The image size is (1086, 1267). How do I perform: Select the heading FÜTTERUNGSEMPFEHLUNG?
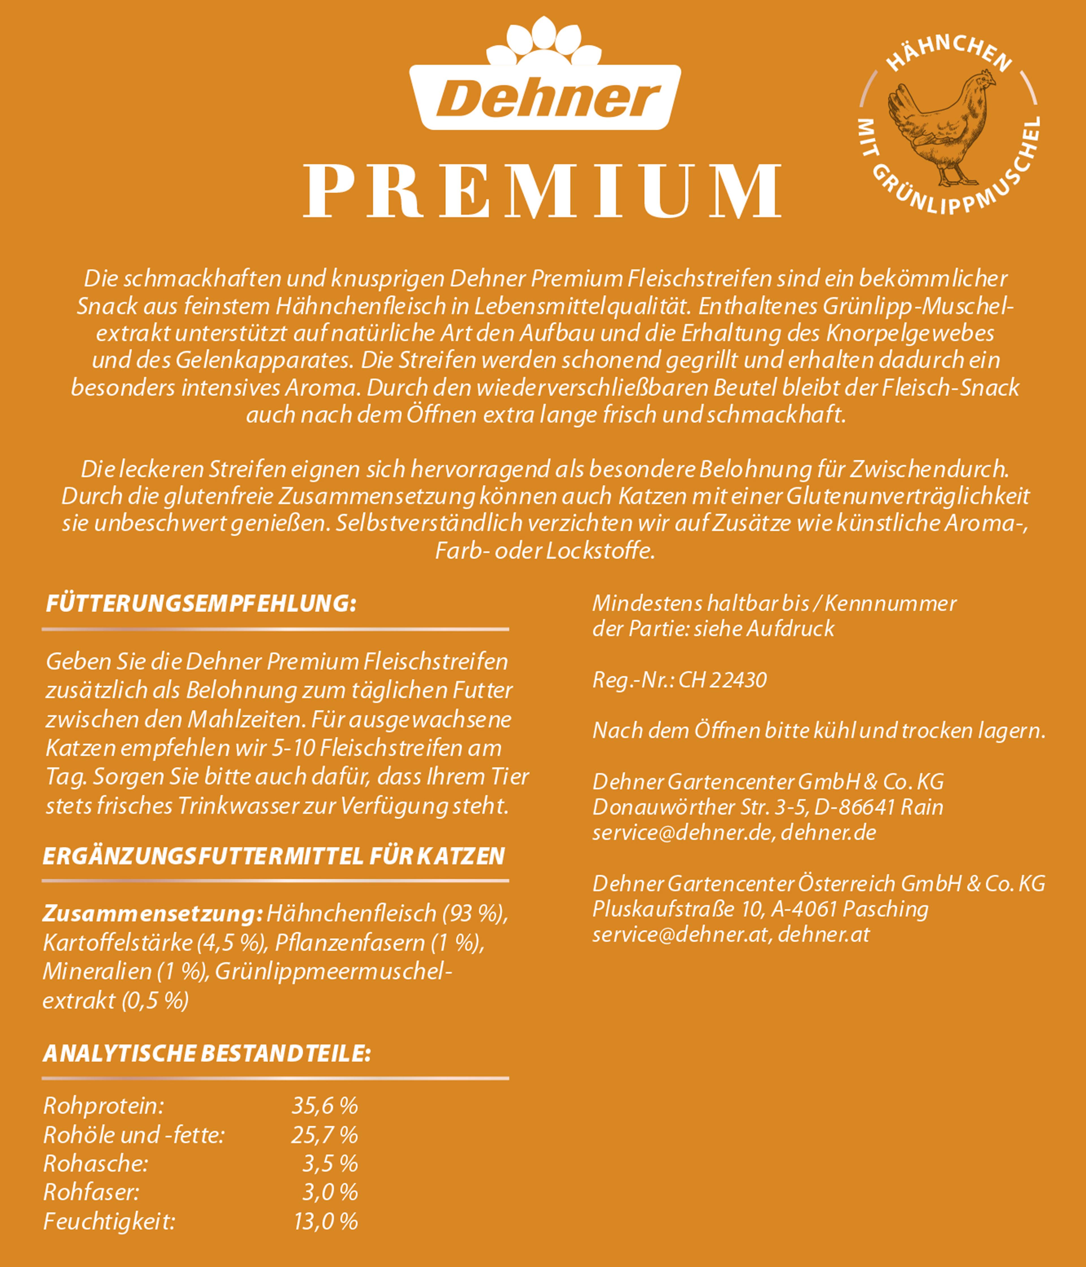(x=201, y=604)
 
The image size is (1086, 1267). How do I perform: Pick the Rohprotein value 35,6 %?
(x=324, y=1106)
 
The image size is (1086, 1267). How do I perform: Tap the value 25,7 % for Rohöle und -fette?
(x=324, y=1135)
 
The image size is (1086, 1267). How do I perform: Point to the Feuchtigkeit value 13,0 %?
(x=325, y=1222)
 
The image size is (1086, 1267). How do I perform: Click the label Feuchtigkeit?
(x=109, y=1222)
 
